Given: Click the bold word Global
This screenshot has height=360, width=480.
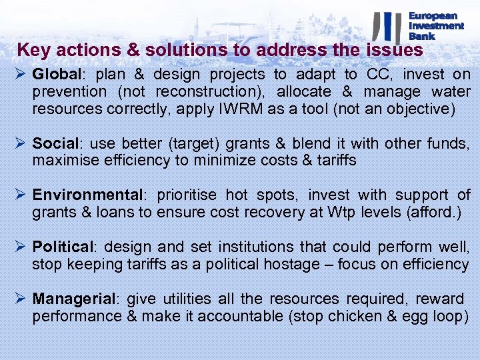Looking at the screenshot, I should point(55,75).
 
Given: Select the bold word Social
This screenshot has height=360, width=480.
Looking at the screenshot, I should point(53,143).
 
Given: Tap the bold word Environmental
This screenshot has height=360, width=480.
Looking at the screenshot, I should point(87,195).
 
